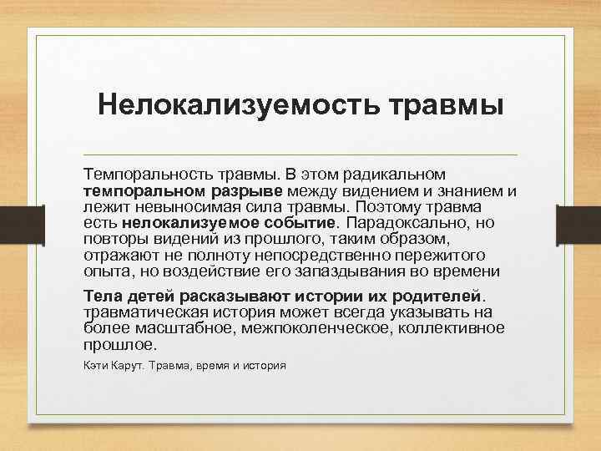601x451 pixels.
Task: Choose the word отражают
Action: pos(115,256)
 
